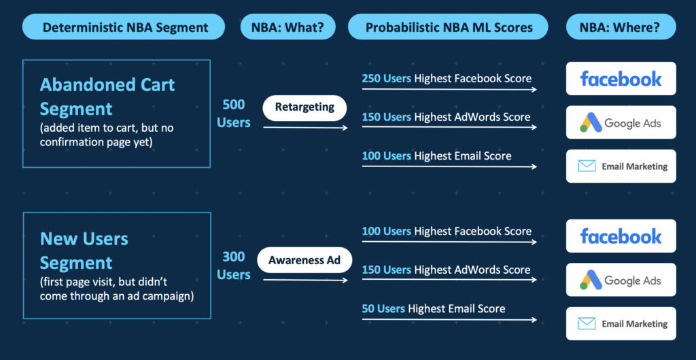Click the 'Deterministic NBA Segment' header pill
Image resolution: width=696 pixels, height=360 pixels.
point(124,27)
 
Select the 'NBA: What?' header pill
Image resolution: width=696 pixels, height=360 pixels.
point(288,27)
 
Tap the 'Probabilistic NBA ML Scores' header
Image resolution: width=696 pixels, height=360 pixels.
point(449,27)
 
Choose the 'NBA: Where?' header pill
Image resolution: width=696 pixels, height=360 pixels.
point(621,27)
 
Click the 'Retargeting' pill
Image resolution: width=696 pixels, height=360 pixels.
point(304,108)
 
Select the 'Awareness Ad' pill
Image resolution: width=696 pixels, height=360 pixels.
point(304,259)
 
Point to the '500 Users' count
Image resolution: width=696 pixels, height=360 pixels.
point(234,113)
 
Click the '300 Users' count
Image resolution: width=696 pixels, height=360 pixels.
point(234,266)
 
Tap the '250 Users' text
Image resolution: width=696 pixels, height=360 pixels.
point(386,79)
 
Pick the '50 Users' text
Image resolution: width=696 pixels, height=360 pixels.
point(383,308)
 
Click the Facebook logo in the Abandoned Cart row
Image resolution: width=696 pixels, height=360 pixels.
point(621,79)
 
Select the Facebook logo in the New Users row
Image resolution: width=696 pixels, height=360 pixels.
point(621,236)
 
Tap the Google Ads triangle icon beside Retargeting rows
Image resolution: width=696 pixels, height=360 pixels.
point(591,122)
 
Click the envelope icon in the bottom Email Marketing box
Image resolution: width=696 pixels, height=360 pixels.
point(587,323)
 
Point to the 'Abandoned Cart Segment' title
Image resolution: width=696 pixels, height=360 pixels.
point(107,96)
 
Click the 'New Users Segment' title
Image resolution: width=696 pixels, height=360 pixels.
point(84,251)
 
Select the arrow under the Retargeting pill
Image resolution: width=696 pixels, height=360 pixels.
point(305,128)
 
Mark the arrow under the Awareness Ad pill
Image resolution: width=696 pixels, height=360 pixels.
point(305,281)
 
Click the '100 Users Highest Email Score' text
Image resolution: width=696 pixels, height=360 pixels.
point(436,156)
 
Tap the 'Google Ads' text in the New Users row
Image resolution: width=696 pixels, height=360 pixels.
point(633,281)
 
